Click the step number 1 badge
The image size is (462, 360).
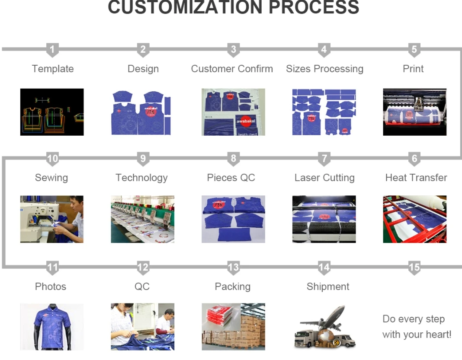pos(52,50)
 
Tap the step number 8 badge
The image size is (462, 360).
pos(233,159)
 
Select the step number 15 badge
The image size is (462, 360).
pos(414,268)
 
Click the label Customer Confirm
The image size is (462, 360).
pos(232,69)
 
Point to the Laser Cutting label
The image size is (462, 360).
pos(324,178)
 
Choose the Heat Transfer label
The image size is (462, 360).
pos(416,178)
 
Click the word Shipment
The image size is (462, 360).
pos(327,287)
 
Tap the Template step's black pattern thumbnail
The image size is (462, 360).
pos(52,112)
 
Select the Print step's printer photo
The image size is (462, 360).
pos(414,112)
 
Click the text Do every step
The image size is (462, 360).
pos(413,319)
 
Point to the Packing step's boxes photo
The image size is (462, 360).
pos(233,326)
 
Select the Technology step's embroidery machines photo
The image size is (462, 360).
pos(143,219)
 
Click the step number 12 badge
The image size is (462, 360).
pos(143,268)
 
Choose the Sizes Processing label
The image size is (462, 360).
pos(324,69)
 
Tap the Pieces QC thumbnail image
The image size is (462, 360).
pos(233,219)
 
